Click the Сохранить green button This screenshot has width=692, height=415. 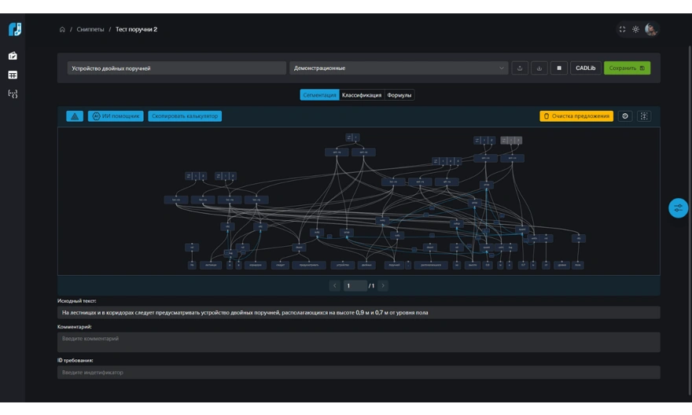627,68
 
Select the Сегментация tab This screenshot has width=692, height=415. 319,95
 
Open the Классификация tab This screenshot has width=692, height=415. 361,95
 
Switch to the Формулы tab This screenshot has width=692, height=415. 399,95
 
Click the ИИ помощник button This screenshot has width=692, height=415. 115,116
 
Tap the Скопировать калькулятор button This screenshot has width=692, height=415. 185,116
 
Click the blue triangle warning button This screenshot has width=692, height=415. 75,116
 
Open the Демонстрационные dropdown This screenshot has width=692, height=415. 399,68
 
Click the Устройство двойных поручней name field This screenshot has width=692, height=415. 176,68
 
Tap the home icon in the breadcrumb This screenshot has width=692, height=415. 61,30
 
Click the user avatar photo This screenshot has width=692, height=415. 651,30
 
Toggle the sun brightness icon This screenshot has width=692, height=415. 636,30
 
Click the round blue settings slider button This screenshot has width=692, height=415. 678,207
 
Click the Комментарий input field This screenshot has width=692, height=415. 359,342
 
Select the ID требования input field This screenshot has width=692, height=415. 359,372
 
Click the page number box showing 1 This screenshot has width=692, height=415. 355,285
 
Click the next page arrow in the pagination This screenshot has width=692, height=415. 383,285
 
